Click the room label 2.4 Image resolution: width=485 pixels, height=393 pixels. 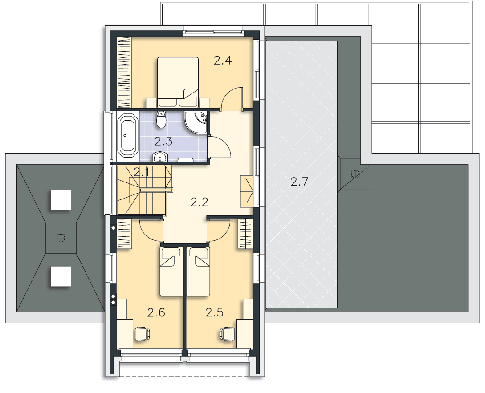point(223,60)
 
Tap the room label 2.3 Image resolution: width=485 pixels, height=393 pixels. point(163,142)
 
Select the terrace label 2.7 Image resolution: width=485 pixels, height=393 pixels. point(299,182)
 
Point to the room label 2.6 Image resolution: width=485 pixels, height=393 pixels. point(156,312)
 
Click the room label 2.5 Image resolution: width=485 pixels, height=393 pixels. point(214,312)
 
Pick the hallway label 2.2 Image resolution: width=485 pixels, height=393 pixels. point(199,202)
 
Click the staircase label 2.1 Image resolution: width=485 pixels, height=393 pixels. point(141,172)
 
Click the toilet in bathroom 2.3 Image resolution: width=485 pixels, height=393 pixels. point(161,119)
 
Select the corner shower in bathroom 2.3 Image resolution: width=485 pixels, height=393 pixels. point(196,122)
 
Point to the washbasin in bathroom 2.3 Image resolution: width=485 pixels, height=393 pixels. point(160,157)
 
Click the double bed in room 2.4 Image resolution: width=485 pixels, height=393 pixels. point(178,82)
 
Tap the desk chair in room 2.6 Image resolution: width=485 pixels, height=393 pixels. point(142,334)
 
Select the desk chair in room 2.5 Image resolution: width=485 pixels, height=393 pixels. point(228,334)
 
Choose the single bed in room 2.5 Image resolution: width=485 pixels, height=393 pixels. point(198,271)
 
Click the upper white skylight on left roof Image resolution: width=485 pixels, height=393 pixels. point(61,200)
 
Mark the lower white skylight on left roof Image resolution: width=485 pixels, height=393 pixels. point(61,276)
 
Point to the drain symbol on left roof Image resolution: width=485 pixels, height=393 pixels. point(61,238)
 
